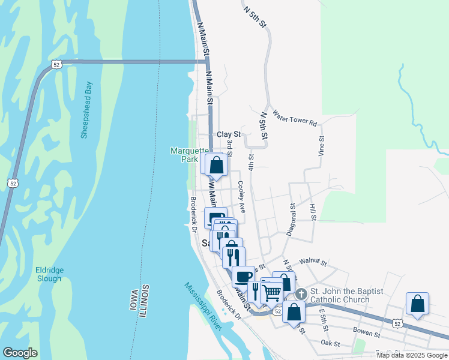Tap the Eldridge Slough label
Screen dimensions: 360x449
pyautogui.click(x=49, y=274)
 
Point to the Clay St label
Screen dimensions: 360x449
pyautogui.click(x=228, y=134)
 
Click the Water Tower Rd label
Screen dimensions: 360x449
pyautogui.click(x=294, y=118)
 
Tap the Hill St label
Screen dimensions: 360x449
pyautogui.click(x=313, y=212)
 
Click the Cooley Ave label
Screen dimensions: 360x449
pyautogui.click(x=241, y=197)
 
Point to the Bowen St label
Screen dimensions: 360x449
pyautogui.click(x=368, y=332)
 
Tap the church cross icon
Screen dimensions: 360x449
pyautogui.click(x=301, y=294)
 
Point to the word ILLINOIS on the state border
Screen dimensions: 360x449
pyautogui.click(x=145, y=302)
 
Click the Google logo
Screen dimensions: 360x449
pyautogui.click(x=20, y=353)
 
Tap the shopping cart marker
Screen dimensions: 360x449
pyautogui.click(x=271, y=292)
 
